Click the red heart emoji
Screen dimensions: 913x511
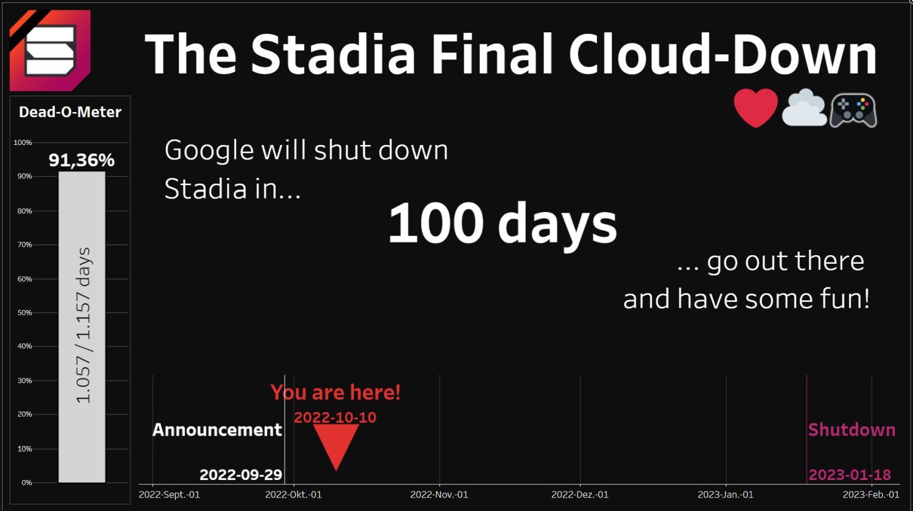756,108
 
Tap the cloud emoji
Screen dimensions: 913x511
804,107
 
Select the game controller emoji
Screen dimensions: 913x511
853,110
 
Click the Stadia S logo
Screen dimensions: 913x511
50,50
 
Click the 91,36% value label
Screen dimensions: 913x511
82,160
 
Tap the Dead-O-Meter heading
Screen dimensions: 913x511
70,111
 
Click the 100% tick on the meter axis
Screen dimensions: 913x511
23,143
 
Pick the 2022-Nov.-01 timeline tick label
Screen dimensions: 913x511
439,495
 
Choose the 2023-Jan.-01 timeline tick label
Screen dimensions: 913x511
726,495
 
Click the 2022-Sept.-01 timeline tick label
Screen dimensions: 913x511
169,495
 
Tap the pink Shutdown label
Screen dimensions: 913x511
852,430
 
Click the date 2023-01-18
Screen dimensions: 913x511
850,474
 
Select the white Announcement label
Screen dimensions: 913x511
217,430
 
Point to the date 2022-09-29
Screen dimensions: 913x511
240,474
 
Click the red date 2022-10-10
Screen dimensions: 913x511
335,417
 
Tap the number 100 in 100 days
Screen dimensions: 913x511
436,223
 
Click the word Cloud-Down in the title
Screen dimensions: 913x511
722,54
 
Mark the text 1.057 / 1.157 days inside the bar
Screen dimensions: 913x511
83,325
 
